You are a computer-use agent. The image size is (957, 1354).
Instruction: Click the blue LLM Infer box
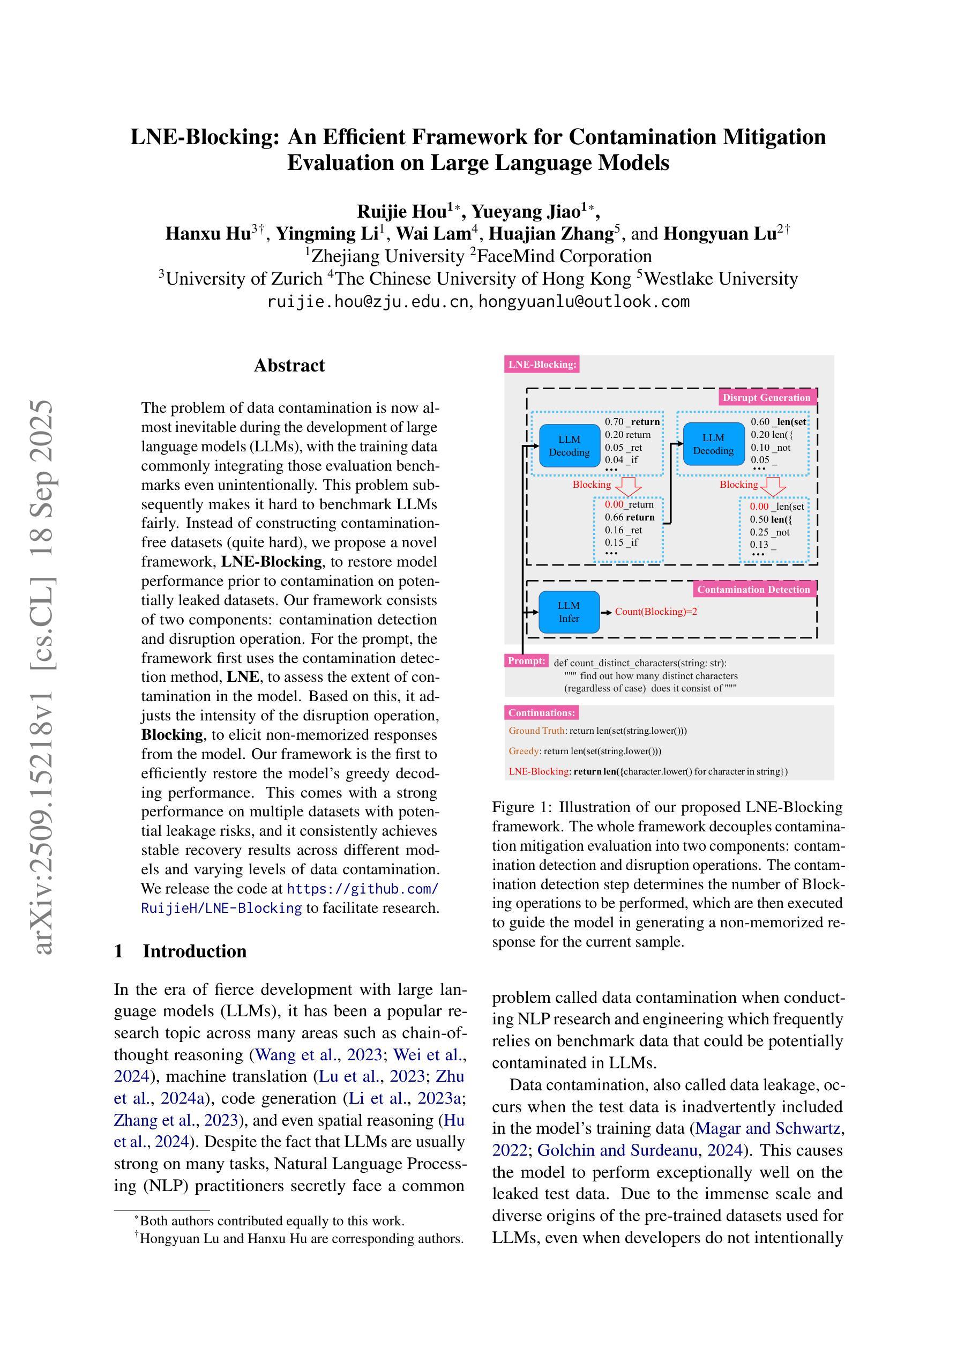click(x=569, y=612)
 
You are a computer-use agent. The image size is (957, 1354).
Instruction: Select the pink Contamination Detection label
click(x=753, y=589)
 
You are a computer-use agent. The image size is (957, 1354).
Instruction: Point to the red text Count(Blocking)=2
click(x=656, y=612)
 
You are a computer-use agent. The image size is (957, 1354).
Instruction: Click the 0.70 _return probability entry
click(x=632, y=422)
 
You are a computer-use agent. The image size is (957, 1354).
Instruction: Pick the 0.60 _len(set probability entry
click(x=777, y=422)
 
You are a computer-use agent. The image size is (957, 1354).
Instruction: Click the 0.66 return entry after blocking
click(x=629, y=517)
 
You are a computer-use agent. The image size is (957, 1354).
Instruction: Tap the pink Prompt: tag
click(x=527, y=660)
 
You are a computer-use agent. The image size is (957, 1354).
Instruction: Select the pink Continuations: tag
click(x=541, y=712)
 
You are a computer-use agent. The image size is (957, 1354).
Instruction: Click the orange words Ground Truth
click(x=536, y=731)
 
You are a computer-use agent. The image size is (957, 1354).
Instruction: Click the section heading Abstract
click(x=289, y=366)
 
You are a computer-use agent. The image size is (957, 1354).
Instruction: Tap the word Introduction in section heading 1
click(x=195, y=951)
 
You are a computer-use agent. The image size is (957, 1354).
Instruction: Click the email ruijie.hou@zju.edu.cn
click(x=368, y=302)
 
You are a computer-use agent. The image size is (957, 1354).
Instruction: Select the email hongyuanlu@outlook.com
click(x=583, y=302)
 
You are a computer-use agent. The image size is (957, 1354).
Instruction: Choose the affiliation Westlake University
click(x=721, y=278)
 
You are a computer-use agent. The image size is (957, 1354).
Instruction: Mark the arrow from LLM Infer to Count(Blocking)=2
click(x=606, y=612)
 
